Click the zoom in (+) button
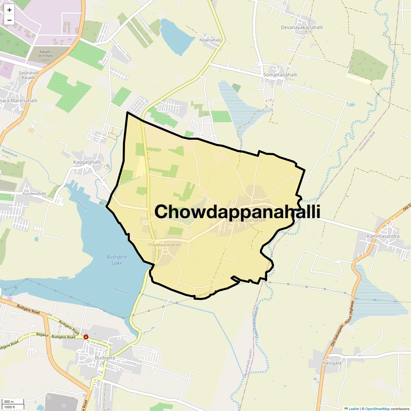coord(9,10)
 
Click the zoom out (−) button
coord(9,20)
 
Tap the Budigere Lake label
coord(117,260)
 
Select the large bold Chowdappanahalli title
coord(237,211)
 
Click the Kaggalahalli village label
coord(87,162)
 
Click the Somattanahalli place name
coord(280,75)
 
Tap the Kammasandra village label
coord(383,236)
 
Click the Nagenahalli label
coord(210,40)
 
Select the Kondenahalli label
coord(34,194)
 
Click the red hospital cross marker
coord(86,337)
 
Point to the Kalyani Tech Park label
coord(45,56)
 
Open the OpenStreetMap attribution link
coord(377,409)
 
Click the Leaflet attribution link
coord(354,409)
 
